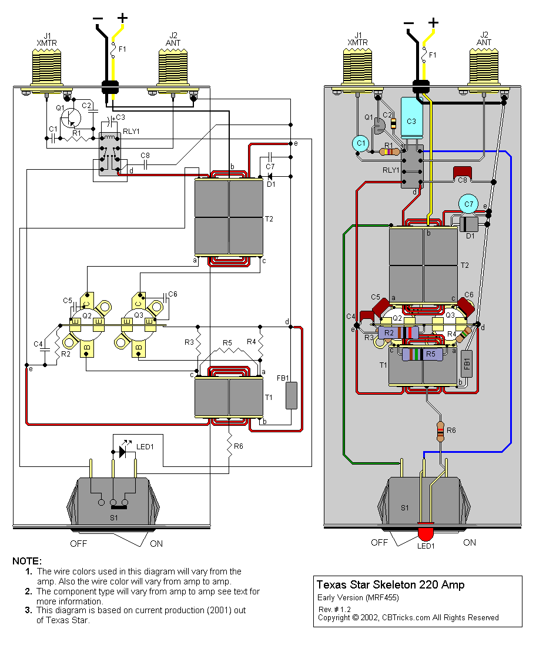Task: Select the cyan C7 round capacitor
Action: [468, 204]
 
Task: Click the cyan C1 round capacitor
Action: [361, 143]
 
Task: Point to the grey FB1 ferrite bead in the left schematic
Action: [292, 395]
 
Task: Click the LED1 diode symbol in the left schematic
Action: [123, 451]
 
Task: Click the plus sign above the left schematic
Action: [122, 18]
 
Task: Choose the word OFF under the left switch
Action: [79, 543]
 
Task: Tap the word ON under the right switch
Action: [470, 542]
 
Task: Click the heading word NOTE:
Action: [27, 561]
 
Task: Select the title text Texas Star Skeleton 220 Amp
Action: [390, 584]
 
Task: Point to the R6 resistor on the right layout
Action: [441, 431]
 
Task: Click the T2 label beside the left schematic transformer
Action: [269, 218]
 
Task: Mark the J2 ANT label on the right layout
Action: [484, 38]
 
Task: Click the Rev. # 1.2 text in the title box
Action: [334, 609]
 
